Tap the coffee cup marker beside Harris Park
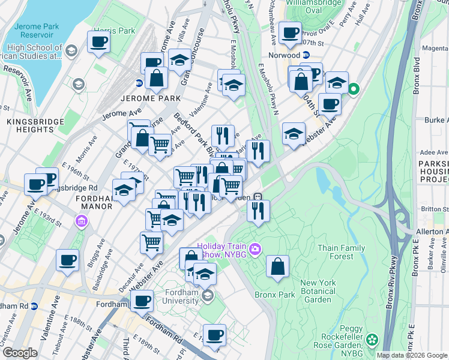click(x=98, y=42)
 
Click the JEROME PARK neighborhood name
click(x=151, y=98)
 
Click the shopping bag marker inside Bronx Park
click(x=277, y=267)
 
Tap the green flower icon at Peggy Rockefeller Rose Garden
click(x=372, y=340)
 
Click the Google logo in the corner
click(x=20, y=353)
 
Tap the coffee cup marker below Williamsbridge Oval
click(x=291, y=33)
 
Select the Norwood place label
click(x=284, y=55)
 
